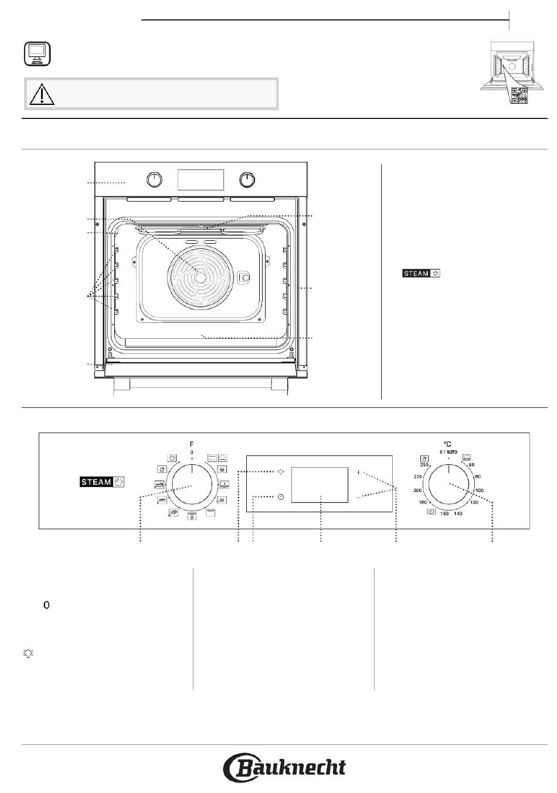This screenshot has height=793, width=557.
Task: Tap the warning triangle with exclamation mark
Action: tap(42, 94)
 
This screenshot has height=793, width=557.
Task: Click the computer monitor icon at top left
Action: tap(38, 54)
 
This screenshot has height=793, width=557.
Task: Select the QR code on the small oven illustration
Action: tap(519, 95)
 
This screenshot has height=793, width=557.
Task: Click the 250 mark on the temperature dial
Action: tap(424, 465)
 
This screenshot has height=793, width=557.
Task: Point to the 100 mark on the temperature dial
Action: tap(480, 491)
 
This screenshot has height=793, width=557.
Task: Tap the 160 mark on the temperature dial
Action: tap(444, 513)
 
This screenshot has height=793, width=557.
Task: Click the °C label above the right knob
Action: tap(447, 444)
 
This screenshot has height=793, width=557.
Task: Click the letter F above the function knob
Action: tap(192, 444)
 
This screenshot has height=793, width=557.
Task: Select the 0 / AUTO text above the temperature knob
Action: tap(449, 452)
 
